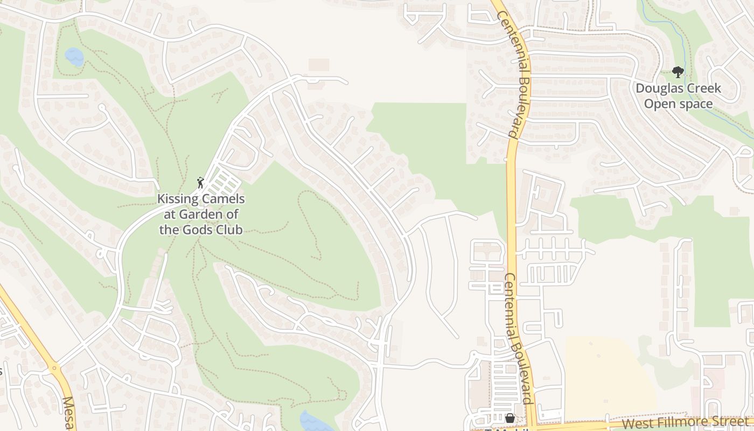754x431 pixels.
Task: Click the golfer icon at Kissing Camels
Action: point(200,183)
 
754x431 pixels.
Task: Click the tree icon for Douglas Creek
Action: point(678,72)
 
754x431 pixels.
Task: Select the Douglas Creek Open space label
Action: point(678,96)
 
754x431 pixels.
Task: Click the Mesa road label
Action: point(69,413)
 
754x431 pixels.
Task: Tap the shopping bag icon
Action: point(509,418)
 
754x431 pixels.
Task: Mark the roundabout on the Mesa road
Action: point(54,369)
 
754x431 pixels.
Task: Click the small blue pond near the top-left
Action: point(74,56)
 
